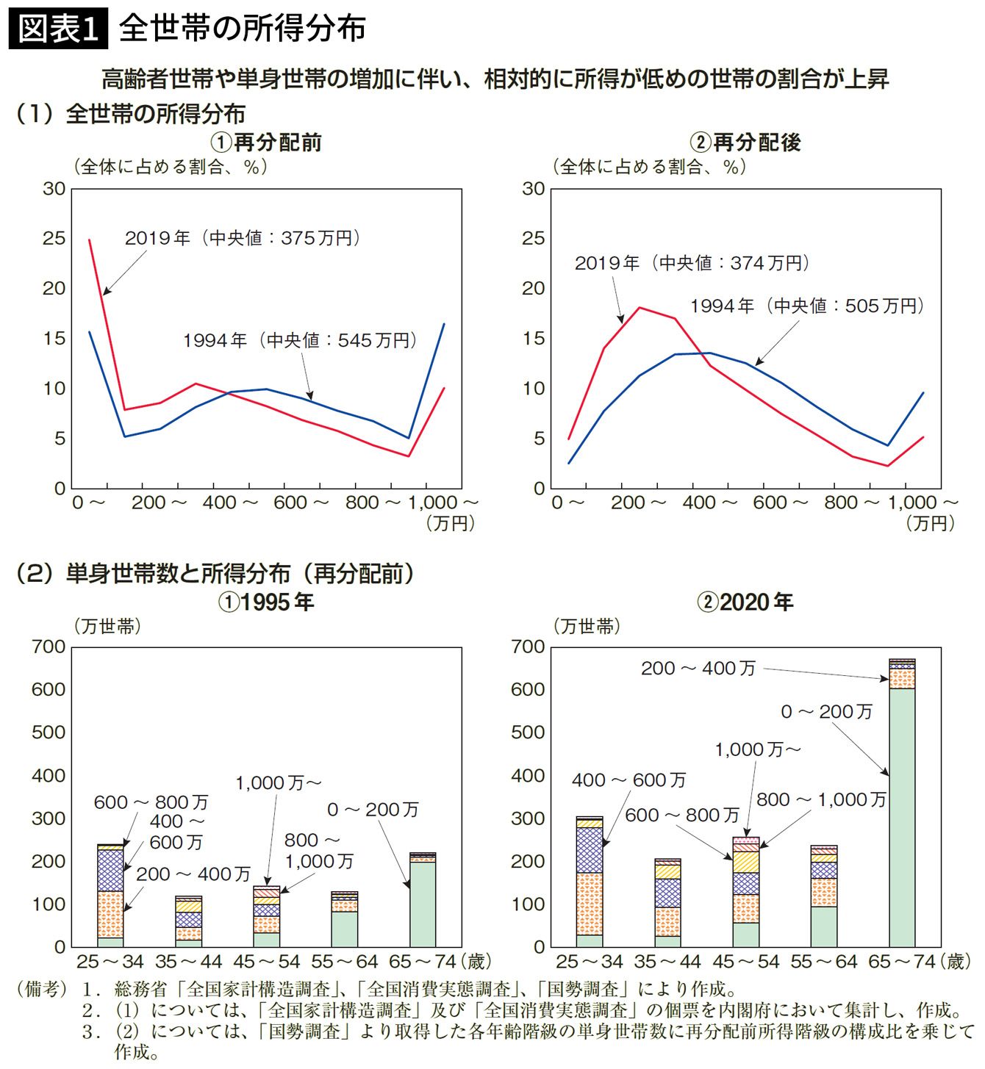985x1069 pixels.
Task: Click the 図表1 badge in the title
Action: (x=58, y=29)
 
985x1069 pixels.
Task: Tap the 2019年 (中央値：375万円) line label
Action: (x=242, y=238)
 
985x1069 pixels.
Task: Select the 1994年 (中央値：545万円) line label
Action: (x=300, y=340)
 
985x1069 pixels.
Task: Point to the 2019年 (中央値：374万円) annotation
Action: (x=692, y=263)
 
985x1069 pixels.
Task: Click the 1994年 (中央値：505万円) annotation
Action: (x=806, y=306)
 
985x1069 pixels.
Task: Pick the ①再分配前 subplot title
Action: (x=266, y=142)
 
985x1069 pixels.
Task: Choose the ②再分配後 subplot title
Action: (x=745, y=142)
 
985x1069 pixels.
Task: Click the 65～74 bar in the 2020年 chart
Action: (x=901, y=808)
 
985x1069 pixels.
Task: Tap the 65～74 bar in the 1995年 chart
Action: (x=422, y=901)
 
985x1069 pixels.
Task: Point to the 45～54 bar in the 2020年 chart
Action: (x=745, y=893)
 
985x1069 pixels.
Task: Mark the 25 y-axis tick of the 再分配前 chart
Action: (x=54, y=239)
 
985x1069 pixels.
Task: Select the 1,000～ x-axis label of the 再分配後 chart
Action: (x=923, y=503)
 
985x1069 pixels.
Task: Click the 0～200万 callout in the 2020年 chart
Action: (x=826, y=711)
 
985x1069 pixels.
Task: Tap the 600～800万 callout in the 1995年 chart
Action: (x=151, y=802)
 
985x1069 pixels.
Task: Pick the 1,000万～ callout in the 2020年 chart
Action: (x=757, y=749)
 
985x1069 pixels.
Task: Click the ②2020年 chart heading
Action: (x=745, y=602)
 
